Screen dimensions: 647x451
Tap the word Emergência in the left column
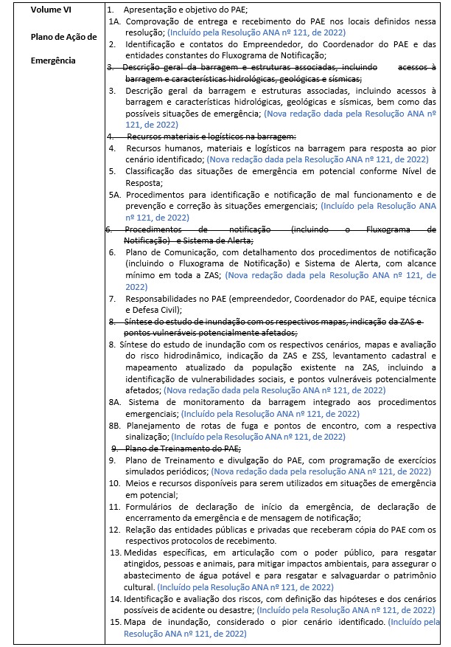point(40,60)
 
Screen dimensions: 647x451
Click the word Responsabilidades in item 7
point(164,299)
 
